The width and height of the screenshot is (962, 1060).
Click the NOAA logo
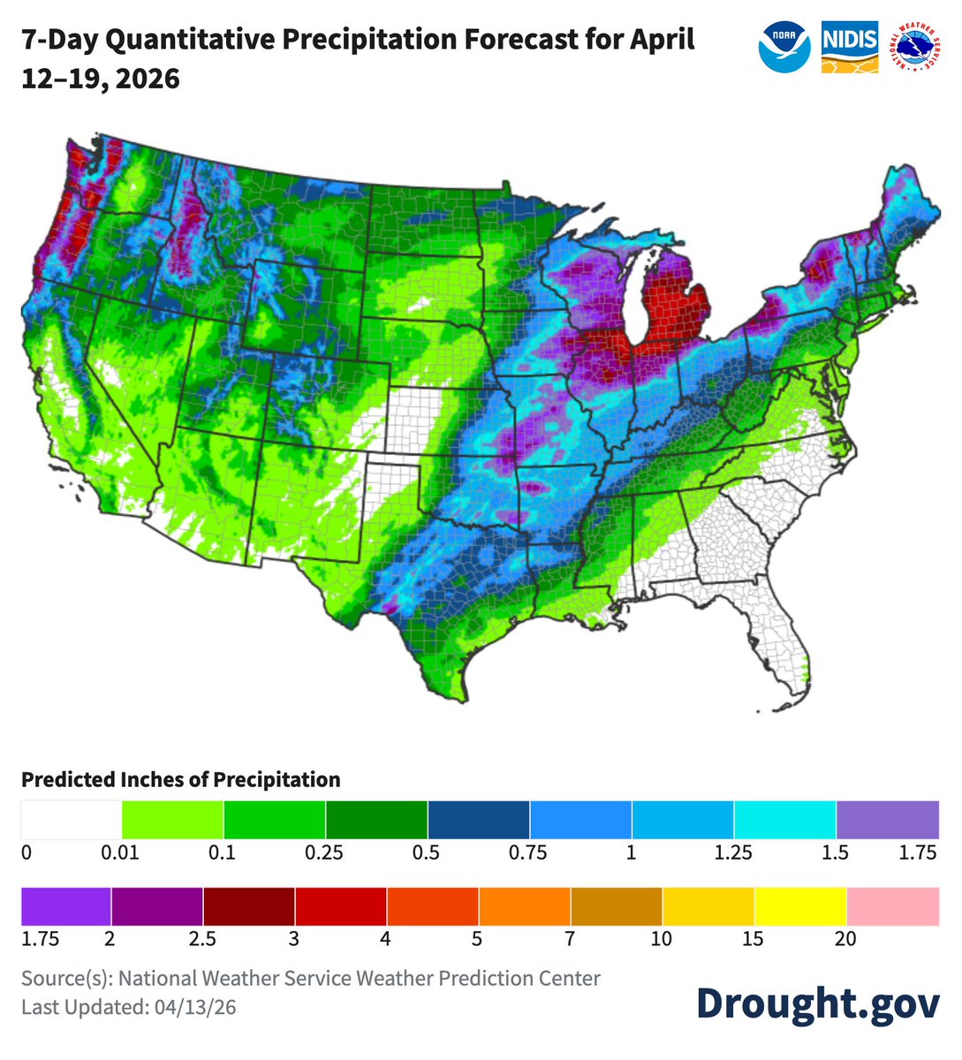(784, 48)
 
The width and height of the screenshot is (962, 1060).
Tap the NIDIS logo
(850, 48)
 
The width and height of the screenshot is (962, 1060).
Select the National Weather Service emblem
(916, 48)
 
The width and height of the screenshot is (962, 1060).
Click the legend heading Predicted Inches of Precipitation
(181, 780)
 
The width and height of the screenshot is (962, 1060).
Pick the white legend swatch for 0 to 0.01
(72, 820)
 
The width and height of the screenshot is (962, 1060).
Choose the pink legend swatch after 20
(892, 906)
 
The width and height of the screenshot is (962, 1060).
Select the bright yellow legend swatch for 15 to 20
(800, 906)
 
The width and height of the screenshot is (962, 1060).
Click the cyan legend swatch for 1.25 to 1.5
(784, 820)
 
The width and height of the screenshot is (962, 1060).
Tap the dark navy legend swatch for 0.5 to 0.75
(479, 820)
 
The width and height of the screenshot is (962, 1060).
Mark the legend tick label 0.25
(325, 853)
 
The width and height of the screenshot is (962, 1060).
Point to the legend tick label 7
(570, 939)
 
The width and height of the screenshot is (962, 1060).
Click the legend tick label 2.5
(202, 939)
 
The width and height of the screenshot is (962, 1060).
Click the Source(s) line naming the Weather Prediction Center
(311, 979)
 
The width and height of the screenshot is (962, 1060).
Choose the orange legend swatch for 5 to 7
(525, 906)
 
